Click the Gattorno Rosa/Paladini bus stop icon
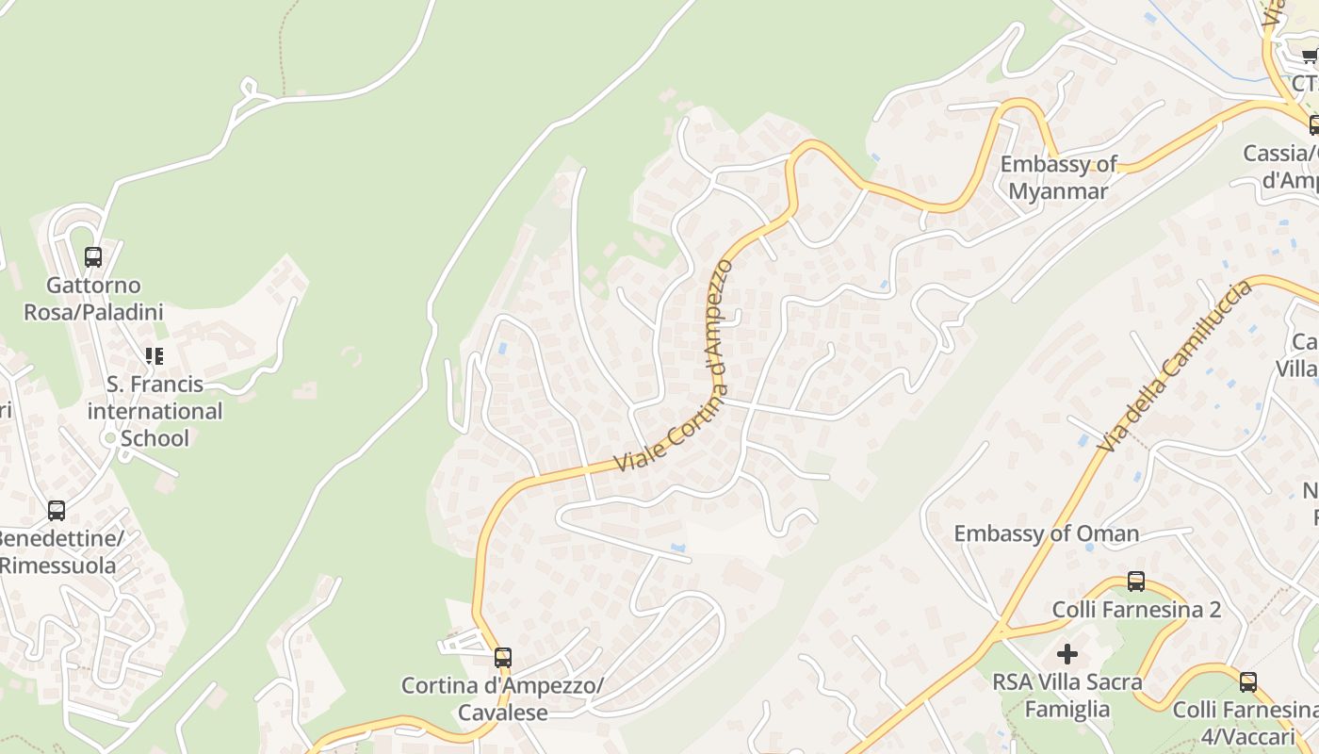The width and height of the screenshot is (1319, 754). coord(93,256)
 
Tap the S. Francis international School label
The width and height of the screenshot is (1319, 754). coord(155,411)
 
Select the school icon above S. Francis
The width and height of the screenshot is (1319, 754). coord(154,356)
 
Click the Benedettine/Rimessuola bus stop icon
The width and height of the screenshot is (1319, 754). coord(57,511)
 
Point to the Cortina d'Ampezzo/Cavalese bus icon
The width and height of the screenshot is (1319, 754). coord(503,657)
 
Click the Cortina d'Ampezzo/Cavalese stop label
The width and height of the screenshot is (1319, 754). coord(502,698)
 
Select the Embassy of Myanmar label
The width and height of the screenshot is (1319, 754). coord(1058,177)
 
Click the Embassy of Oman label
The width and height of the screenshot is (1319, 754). coord(1046,533)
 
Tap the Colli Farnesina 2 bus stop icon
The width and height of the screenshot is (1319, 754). coord(1136,582)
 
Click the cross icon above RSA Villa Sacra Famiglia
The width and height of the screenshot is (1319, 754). coord(1067,653)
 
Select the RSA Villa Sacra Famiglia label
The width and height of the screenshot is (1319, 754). coord(1067,695)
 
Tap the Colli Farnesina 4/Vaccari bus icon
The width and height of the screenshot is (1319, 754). coord(1248,681)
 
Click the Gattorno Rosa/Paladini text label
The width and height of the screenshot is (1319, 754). coord(93,298)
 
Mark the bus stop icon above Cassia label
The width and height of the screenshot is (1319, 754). coord(1313,124)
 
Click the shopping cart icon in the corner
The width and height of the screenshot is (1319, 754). coord(1310,57)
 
